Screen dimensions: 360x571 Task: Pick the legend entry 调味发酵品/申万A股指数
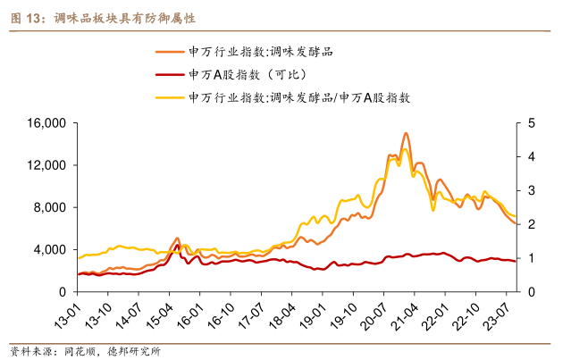point(299,97)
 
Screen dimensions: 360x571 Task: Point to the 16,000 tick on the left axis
point(51,123)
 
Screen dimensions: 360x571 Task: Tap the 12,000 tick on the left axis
point(51,165)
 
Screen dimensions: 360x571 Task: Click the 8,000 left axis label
point(55,207)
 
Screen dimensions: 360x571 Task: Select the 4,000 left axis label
point(55,250)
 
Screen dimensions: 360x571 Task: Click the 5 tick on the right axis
point(531,123)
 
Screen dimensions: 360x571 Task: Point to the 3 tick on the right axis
point(531,190)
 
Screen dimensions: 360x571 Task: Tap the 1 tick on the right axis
point(531,258)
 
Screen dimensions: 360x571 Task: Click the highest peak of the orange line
point(406,133)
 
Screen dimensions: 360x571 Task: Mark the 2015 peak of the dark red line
point(177,245)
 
